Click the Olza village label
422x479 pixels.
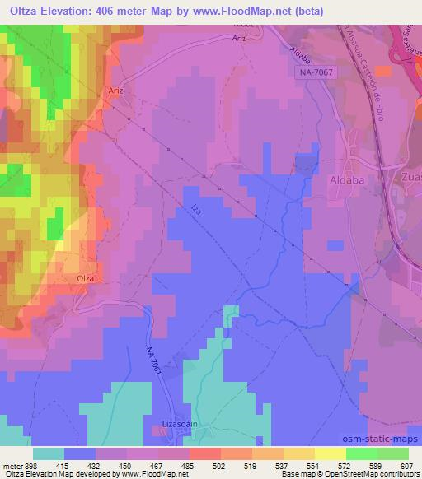[x=86, y=278]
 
